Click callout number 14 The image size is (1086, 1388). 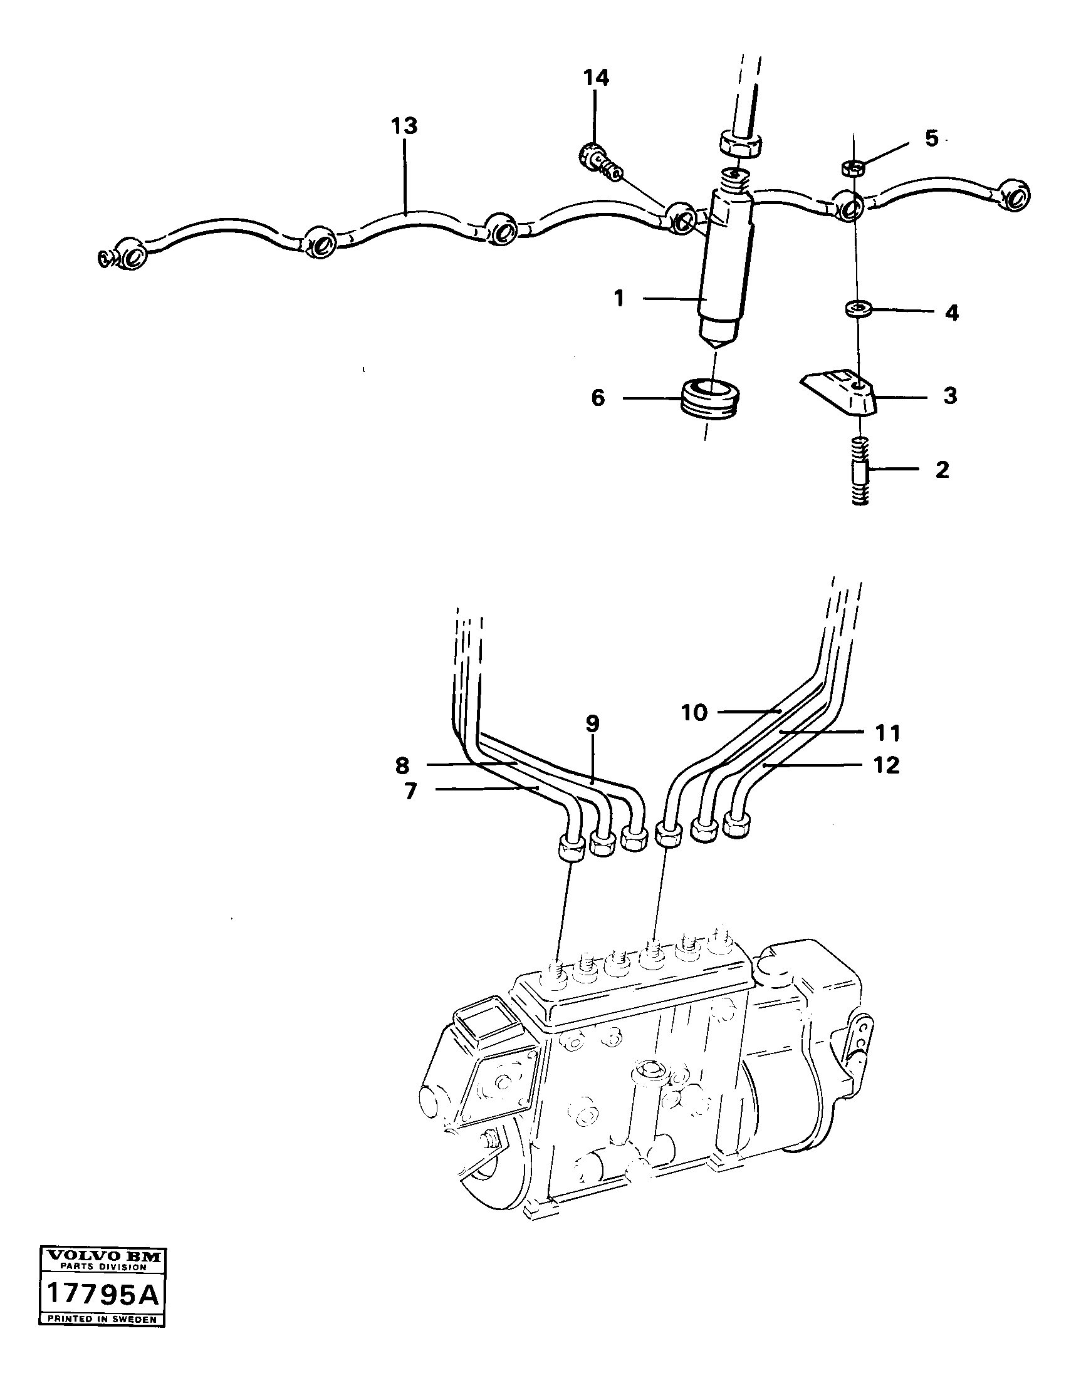pyautogui.click(x=597, y=78)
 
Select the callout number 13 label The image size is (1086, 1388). pyautogui.click(x=404, y=126)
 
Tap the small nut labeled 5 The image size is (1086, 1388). pyautogui.click(x=852, y=168)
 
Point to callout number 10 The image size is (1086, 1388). pyautogui.click(x=694, y=712)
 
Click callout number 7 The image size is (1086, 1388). pyautogui.click(x=410, y=791)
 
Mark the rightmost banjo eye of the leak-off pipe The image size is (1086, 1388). pyautogui.click(x=1013, y=197)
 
